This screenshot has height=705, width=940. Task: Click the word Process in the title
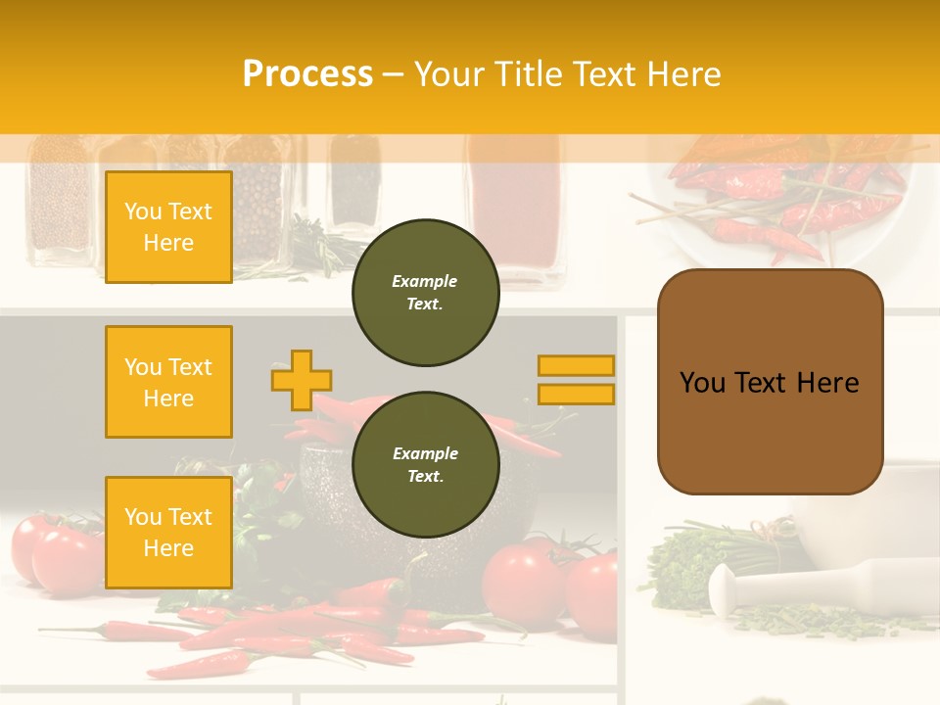pyautogui.click(x=307, y=73)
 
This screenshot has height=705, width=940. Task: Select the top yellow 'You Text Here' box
pyautogui.click(x=168, y=227)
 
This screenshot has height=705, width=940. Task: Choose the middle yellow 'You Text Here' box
pyautogui.click(x=168, y=382)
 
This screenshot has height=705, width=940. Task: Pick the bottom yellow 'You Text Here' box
pyautogui.click(x=168, y=533)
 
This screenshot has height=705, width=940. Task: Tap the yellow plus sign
pyautogui.click(x=302, y=380)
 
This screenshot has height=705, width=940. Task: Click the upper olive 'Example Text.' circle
pyautogui.click(x=425, y=293)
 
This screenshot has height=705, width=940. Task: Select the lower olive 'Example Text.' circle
pyautogui.click(x=425, y=465)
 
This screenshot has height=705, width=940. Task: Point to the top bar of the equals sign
pyautogui.click(x=576, y=365)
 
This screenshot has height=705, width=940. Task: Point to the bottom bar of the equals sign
pyautogui.click(x=576, y=394)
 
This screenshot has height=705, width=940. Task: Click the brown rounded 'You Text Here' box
pyautogui.click(x=770, y=382)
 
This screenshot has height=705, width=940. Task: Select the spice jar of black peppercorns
pyautogui.click(x=257, y=206)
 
